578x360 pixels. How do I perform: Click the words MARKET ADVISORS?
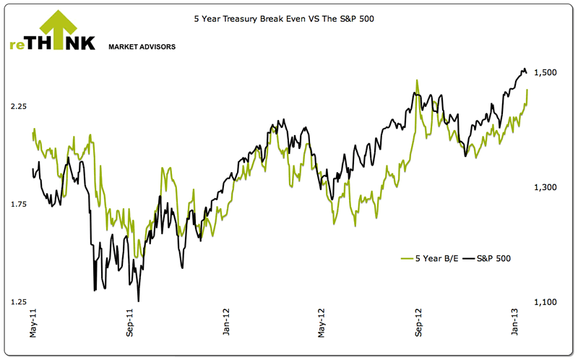click(x=142, y=47)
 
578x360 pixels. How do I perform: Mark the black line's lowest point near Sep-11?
click(x=138, y=301)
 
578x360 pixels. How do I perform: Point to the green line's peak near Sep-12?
click(x=417, y=80)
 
